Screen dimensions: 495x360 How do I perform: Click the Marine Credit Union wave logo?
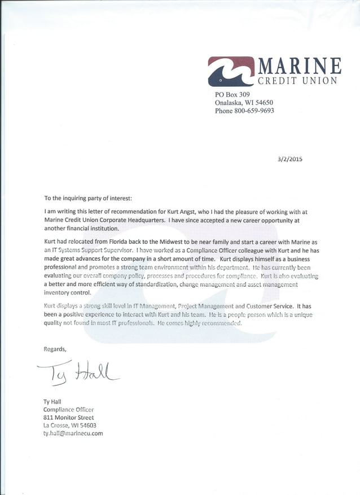[231, 71]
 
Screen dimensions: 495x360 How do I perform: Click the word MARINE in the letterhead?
[299, 66]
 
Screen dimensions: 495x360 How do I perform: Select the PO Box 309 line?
[232, 95]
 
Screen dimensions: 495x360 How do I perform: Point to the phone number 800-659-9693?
[256, 111]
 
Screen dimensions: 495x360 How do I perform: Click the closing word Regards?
[55, 349]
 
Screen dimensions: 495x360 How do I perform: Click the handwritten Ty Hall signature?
[79, 373]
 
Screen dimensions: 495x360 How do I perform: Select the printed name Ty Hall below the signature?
[52, 402]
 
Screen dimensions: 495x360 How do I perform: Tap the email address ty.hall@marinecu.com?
[73, 433]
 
